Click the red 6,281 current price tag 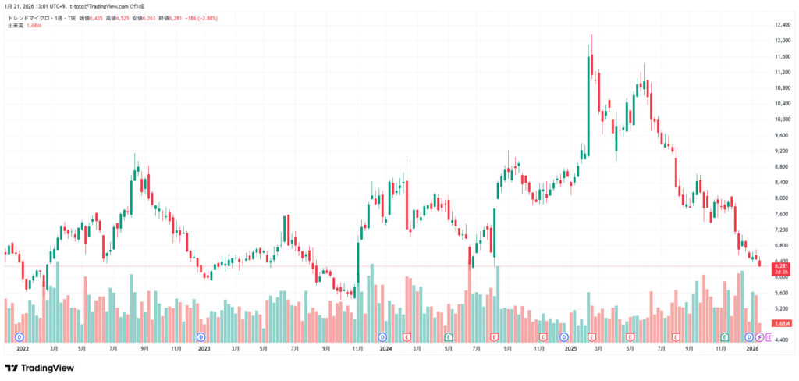(781, 266)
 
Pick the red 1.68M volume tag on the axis (781, 323)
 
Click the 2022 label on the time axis (22, 349)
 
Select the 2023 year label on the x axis (204, 349)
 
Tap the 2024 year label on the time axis (385, 349)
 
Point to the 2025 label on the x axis (568, 349)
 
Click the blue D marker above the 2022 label (20, 337)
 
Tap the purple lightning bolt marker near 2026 (759, 337)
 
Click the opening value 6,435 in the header (94, 17)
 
